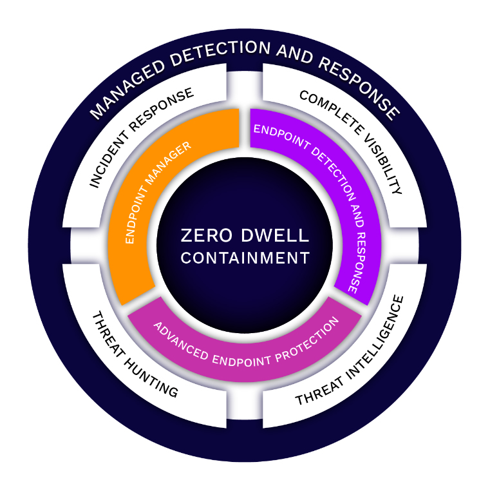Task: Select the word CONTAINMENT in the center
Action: (245, 258)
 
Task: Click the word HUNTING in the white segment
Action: (153, 377)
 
